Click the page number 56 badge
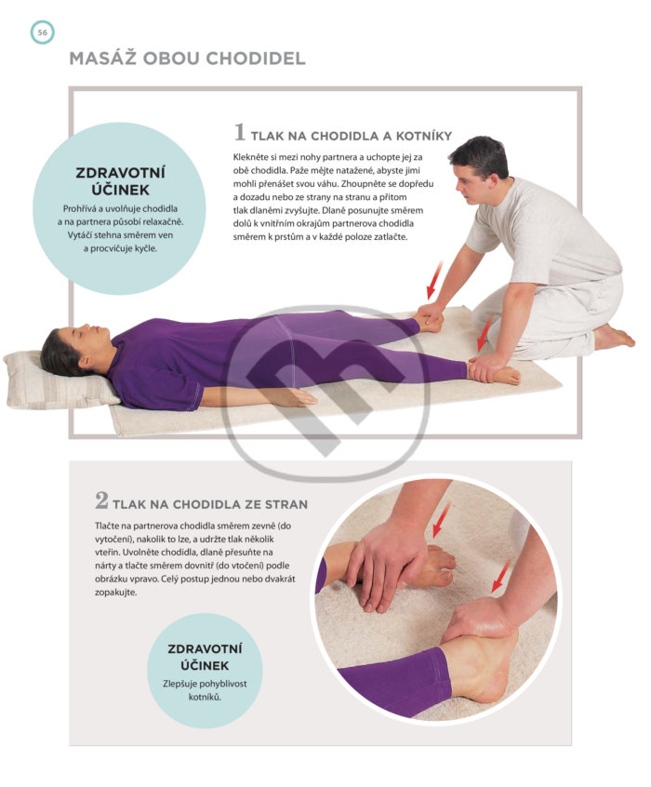tap(42, 33)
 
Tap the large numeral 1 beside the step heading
tap(240, 132)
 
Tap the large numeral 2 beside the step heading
tap(101, 500)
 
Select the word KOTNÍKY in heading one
tap(424, 136)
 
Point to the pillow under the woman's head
tap(58, 380)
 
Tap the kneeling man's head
tap(478, 168)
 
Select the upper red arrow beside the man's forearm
tap(434, 280)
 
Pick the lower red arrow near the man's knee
tap(485, 333)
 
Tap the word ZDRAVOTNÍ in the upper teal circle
tap(121, 172)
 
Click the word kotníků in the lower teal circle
tap(205, 697)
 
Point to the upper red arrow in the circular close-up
tap(441, 518)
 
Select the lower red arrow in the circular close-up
tap(501, 575)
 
